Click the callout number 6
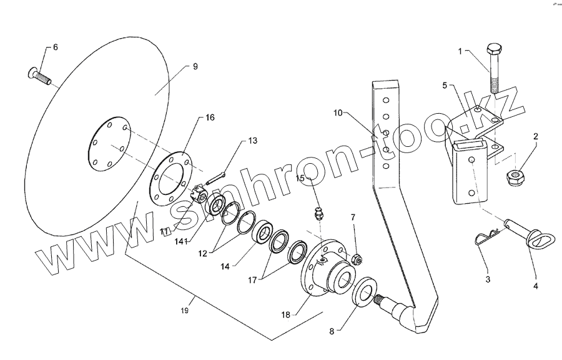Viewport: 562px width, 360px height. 55,47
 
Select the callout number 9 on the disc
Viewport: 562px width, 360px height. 194,66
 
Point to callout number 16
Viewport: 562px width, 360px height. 210,117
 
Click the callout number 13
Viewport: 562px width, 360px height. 252,141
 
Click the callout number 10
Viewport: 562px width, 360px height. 338,113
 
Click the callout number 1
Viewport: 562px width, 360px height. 461,52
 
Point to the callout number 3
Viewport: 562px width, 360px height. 488,279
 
